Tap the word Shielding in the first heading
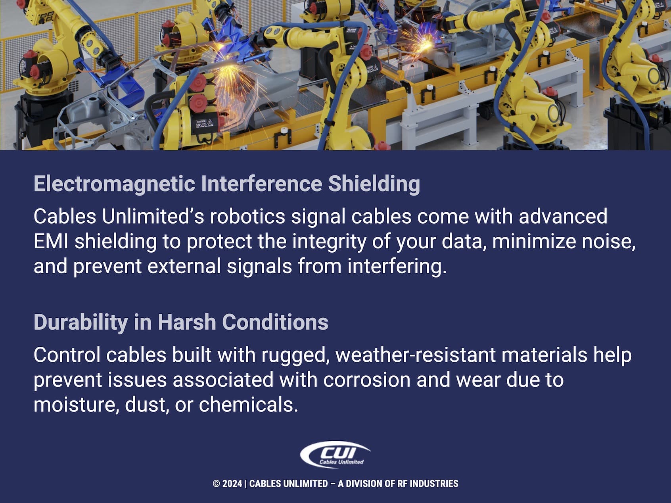[x=374, y=184]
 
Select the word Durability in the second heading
[x=81, y=322]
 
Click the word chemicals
[x=248, y=405]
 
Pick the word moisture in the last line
[x=76, y=405]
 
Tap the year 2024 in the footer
[x=232, y=484]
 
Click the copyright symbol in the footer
[x=216, y=484]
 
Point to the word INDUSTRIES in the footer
[x=434, y=484]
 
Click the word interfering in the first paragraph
[x=397, y=266]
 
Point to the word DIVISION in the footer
[x=365, y=484]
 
